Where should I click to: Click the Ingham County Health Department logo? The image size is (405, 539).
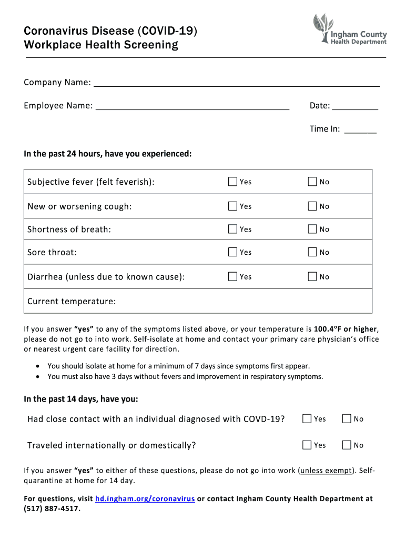(349, 30)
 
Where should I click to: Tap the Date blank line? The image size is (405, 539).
(356, 107)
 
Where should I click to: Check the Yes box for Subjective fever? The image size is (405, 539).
(232, 182)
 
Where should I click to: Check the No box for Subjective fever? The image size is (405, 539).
(312, 182)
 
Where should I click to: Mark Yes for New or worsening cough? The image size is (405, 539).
(232, 206)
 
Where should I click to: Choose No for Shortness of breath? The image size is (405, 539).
(312, 229)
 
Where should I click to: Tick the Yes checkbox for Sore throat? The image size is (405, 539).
(232, 252)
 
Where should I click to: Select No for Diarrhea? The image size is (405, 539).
(312, 276)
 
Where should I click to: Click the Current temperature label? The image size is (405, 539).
(72, 302)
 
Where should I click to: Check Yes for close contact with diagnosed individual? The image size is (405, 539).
(307, 419)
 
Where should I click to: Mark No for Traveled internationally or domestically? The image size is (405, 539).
(347, 445)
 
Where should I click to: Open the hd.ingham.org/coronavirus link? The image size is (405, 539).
(145, 498)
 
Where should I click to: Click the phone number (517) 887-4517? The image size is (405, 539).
(52, 508)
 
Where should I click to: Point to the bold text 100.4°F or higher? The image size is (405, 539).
(346, 330)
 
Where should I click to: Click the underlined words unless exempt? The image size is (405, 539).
(327, 471)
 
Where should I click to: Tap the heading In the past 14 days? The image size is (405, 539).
(81, 399)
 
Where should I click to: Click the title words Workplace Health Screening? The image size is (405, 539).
(101, 45)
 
